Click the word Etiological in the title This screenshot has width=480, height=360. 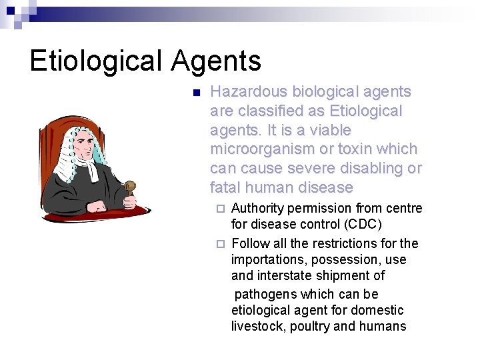(x=95, y=61)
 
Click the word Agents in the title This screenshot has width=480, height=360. (x=216, y=61)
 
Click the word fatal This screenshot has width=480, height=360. (x=227, y=187)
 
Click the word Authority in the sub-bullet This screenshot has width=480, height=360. (x=258, y=209)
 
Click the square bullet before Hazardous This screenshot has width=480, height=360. (x=195, y=93)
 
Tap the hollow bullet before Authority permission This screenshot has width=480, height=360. (x=221, y=209)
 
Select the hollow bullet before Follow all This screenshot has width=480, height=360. (x=221, y=243)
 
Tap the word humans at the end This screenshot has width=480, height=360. (x=383, y=326)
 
